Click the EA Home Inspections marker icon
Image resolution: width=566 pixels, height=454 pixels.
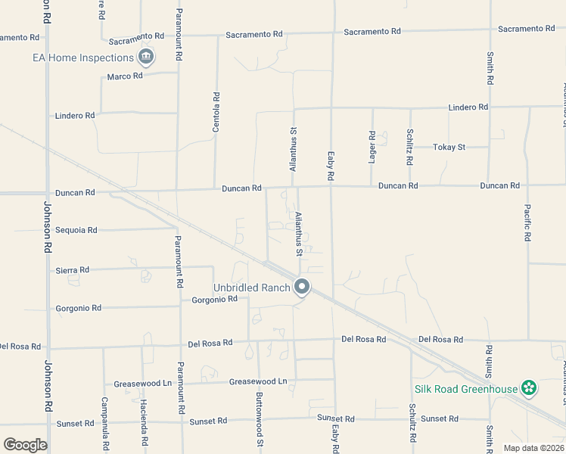pos(146,57)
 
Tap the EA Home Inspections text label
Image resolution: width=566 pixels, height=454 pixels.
pos(83,58)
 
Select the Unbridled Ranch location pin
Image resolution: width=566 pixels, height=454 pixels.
pos(302,287)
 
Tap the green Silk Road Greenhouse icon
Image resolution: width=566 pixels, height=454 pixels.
pos(529,389)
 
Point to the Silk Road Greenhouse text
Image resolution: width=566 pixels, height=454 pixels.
pos(465,390)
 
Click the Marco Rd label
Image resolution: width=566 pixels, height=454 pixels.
pos(125,76)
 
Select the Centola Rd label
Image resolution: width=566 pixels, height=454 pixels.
pos(216,113)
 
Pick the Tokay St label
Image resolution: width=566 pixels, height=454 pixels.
pos(449,147)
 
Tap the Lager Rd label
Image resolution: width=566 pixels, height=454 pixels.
pos(372,146)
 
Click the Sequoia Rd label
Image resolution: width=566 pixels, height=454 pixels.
pos(76,230)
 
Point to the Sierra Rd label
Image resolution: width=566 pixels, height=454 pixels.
pos(73,270)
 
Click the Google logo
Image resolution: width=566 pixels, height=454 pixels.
pos(25,444)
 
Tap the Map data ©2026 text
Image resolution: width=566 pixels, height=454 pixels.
pos(533,448)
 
